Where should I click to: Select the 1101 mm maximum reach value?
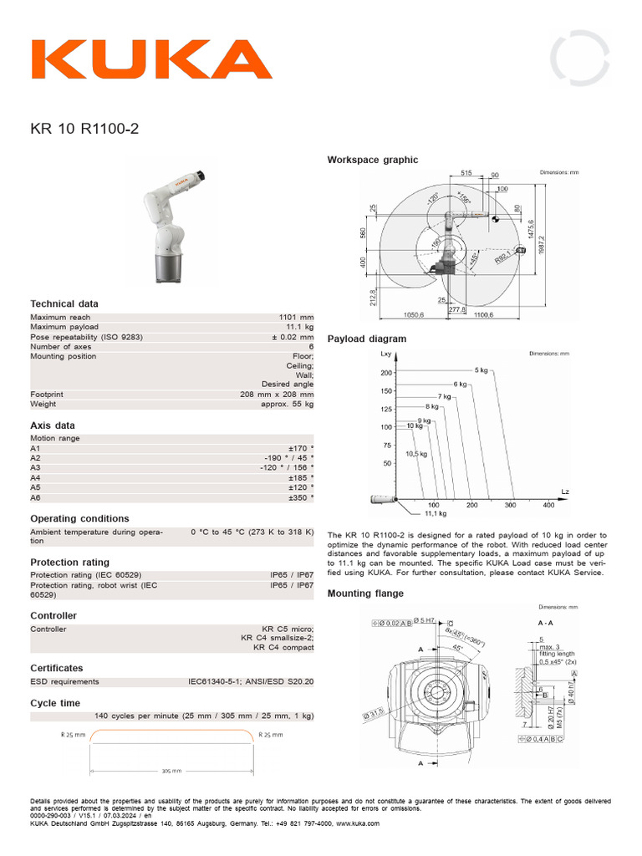pyautogui.click(x=296, y=318)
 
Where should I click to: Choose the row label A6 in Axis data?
pyautogui.click(x=35, y=497)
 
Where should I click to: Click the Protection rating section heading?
pyautogui.click(x=69, y=563)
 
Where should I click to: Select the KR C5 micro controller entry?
pyautogui.click(x=288, y=629)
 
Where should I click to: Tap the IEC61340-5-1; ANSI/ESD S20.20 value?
pyautogui.click(x=251, y=682)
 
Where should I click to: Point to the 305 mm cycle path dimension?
pyautogui.click(x=171, y=771)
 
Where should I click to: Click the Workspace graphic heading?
pyautogui.click(x=373, y=160)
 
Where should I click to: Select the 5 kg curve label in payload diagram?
pyautogui.click(x=481, y=369)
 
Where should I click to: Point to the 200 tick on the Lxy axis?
pyautogui.click(x=385, y=373)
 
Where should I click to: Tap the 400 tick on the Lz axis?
pyautogui.click(x=548, y=506)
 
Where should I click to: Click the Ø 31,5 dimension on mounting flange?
pyautogui.click(x=373, y=714)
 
